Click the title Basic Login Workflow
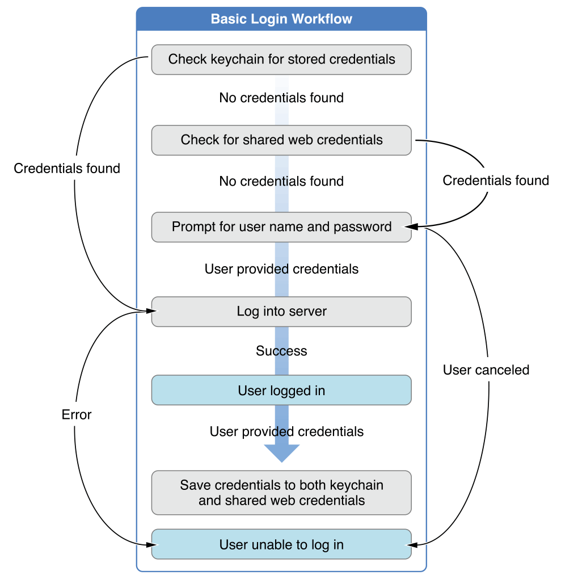(281, 19)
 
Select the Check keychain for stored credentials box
(281, 60)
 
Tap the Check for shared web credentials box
(281, 140)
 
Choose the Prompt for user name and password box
(281, 227)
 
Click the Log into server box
(281, 312)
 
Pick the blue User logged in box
(281, 391)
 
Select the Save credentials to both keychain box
(281, 493)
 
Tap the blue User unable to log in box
(281, 545)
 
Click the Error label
(77, 415)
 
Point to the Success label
(281, 351)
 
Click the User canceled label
(486, 370)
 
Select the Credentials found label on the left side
(67, 169)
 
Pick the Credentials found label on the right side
(496, 181)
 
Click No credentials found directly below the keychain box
(281, 98)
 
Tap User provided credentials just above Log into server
(281, 268)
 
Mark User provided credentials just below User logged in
(286, 431)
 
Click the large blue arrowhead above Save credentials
(281, 452)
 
